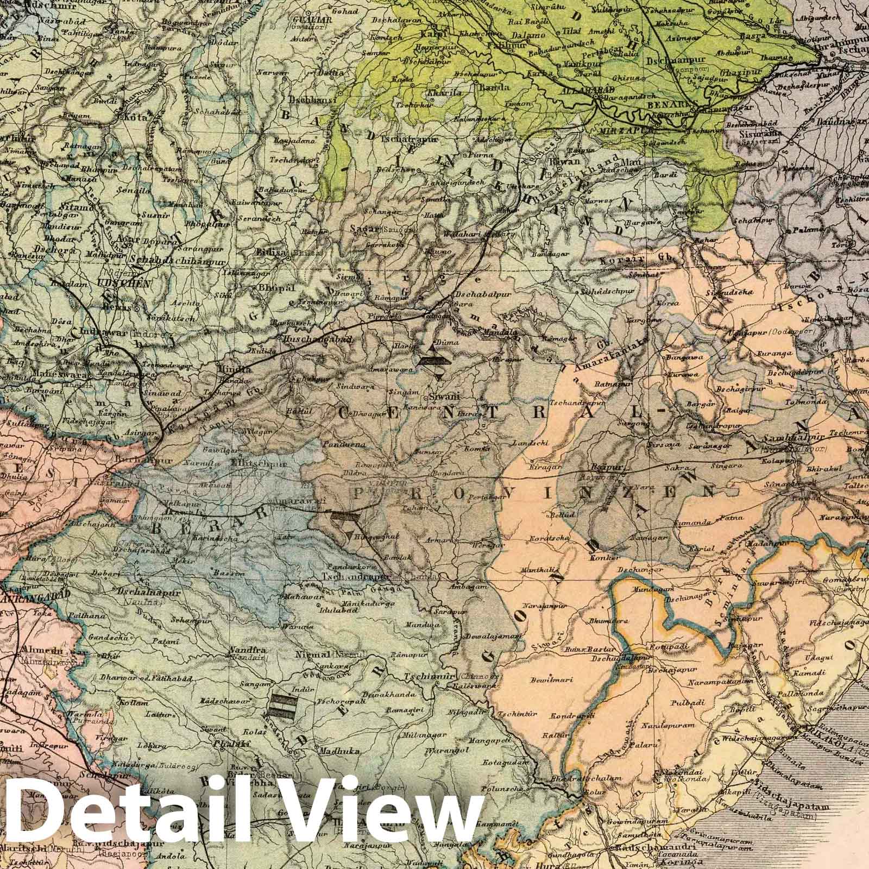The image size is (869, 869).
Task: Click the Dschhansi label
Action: click(305, 101)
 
